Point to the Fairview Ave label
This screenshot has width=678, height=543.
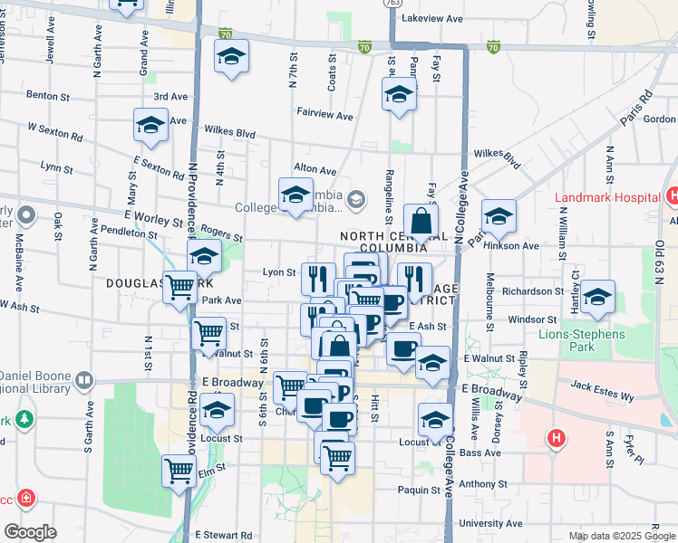tap(324, 115)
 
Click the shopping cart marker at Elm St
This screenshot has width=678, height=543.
tap(179, 470)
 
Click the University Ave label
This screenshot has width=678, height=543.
tap(490, 523)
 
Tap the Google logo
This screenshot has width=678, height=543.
tap(30, 532)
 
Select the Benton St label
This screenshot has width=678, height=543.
tap(48, 95)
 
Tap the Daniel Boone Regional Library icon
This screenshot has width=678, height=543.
tap(85, 380)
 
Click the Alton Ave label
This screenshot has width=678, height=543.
tap(315, 169)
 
